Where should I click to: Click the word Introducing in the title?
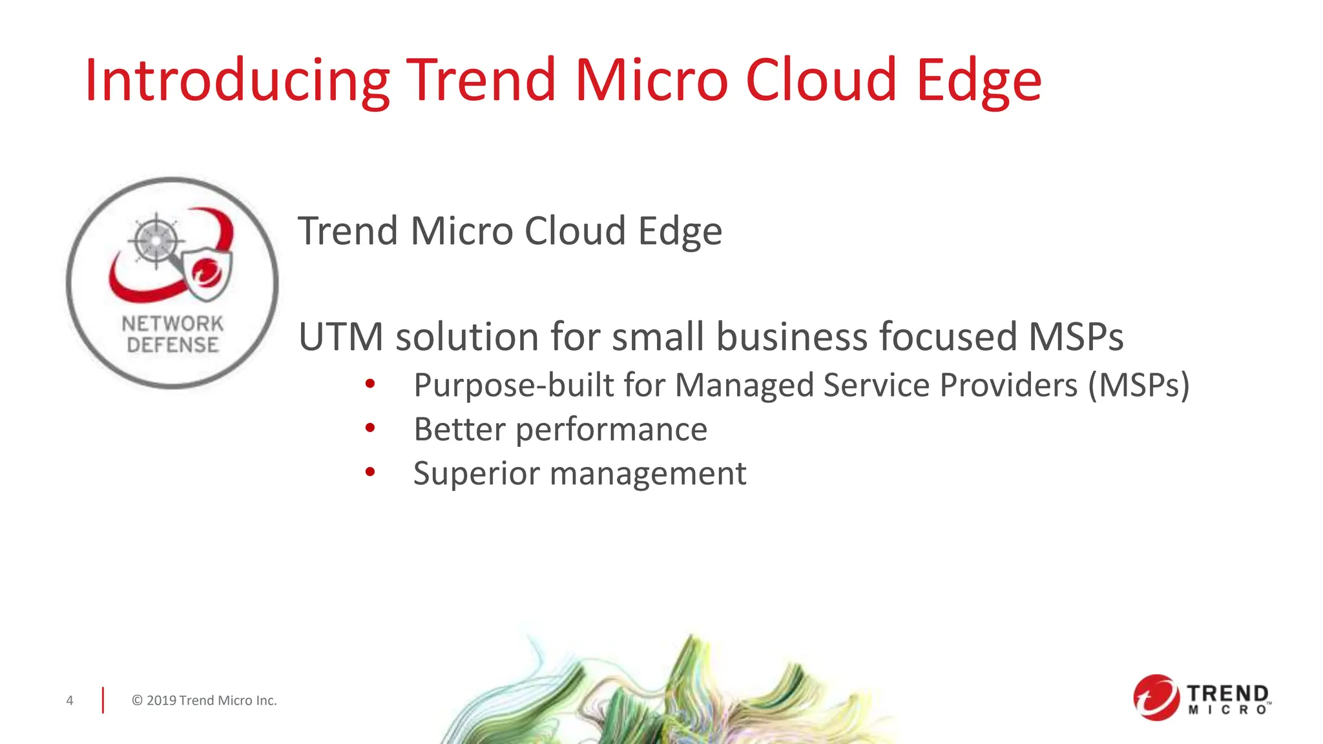click(x=236, y=80)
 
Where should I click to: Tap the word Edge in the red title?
click(x=979, y=80)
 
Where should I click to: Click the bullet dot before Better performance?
click(x=370, y=428)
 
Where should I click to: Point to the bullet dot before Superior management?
click(x=370, y=472)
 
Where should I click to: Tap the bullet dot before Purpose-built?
click(x=370, y=384)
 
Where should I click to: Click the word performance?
click(x=611, y=429)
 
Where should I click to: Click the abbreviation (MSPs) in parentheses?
click(x=1138, y=385)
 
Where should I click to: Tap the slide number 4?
click(x=70, y=701)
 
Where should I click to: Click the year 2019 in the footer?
click(x=161, y=701)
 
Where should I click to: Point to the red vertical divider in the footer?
click(x=103, y=701)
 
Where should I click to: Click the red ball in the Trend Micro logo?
click(x=1156, y=697)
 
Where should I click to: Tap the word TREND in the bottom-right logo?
click(x=1227, y=694)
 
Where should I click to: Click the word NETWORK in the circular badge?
click(x=172, y=324)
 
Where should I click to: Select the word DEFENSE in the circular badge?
click(x=172, y=345)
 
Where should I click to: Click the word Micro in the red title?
click(x=651, y=80)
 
